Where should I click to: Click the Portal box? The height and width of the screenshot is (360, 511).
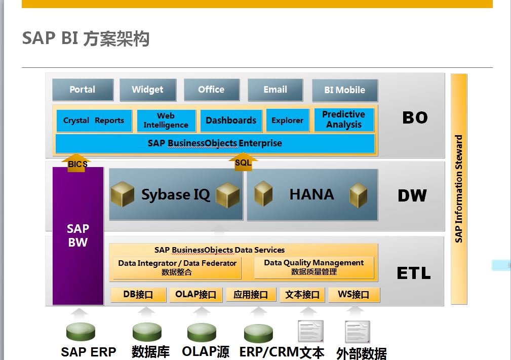click(x=83, y=90)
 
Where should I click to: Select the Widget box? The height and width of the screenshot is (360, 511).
click(x=148, y=90)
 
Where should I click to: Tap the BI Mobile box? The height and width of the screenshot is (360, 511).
click(x=345, y=90)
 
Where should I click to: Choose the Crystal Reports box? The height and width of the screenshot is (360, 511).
click(x=94, y=121)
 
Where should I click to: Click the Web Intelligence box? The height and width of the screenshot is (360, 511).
click(x=166, y=121)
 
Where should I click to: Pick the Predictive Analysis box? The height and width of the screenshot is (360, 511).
click(x=344, y=119)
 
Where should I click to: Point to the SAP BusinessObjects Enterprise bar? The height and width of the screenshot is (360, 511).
click(x=215, y=143)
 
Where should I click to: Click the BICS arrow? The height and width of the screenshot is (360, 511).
click(x=76, y=163)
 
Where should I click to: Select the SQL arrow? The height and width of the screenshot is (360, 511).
click(x=243, y=162)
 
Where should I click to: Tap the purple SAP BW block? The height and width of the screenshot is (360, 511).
click(x=78, y=236)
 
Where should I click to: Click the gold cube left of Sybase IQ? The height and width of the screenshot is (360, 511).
click(x=123, y=194)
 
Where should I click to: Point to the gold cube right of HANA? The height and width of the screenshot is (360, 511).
click(x=358, y=195)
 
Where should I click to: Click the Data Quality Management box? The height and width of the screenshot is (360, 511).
click(x=314, y=267)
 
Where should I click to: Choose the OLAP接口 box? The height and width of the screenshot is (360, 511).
click(x=195, y=295)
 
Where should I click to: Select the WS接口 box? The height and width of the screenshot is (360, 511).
click(x=354, y=295)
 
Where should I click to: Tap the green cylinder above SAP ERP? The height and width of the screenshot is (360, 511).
click(x=81, y=332)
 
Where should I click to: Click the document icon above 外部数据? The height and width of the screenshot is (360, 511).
click(x=357, y=331)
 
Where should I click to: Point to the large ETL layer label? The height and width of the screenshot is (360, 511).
click(x=414, y=273)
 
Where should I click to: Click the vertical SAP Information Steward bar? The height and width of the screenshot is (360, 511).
click(x=459, y=189)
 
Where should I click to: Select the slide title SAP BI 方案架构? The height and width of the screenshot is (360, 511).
click(x=86, y=38)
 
